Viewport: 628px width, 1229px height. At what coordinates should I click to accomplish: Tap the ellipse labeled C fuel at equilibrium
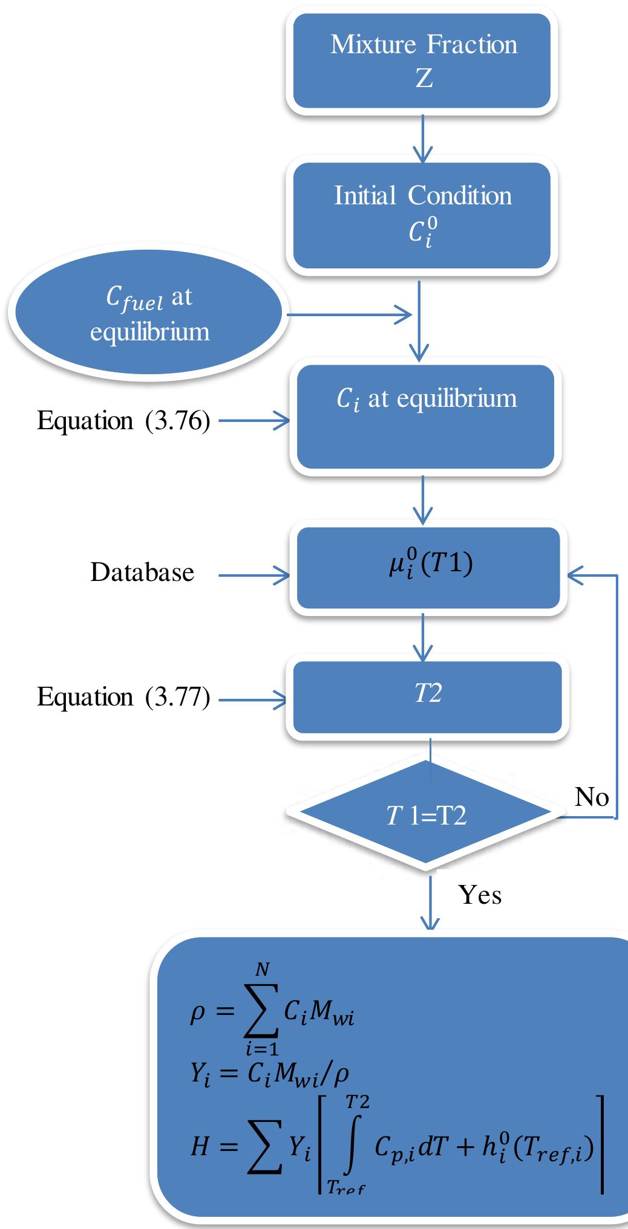pyautogui.click(x=148, y=314)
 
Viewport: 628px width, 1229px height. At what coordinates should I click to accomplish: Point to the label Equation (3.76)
pyautogui.click(x=123, y=421)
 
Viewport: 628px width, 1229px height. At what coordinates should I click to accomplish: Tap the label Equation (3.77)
pyautogui.click(x=123, y=696)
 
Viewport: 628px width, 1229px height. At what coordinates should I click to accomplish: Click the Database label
pyautogui.click(x=142, y=572)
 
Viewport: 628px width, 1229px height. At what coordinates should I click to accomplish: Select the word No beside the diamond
pyautogui.click(x=591, y=797)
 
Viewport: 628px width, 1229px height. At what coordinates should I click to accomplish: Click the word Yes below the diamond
pyautogui.click(x=480, y=894)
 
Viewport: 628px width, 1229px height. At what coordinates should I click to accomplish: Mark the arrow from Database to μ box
pyautogui.click(x=254, y=576)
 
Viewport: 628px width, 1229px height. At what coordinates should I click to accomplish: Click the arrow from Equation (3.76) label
pyautogui.click(x=254, y=421)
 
